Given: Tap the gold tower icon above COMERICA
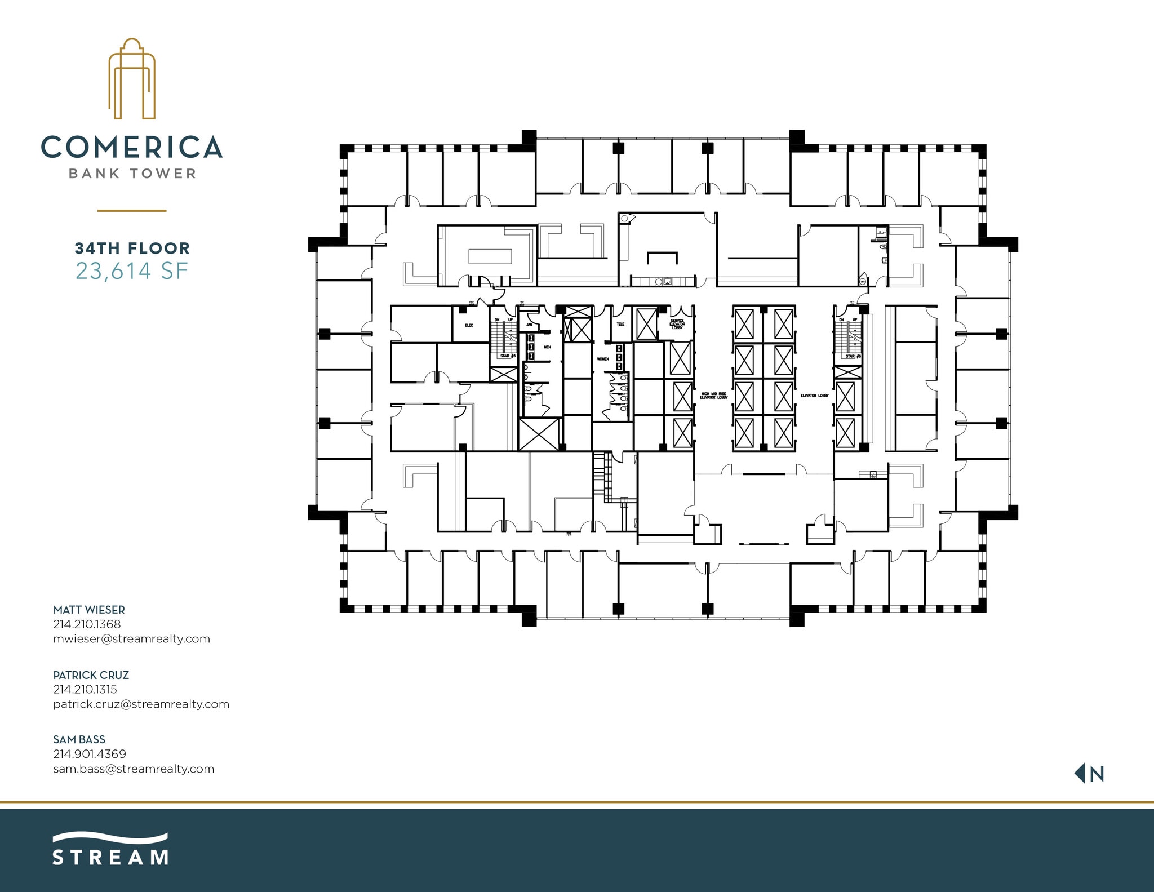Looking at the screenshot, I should point(132,79).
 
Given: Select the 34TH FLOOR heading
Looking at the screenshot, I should point(132,248).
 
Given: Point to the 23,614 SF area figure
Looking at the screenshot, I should point(132,271).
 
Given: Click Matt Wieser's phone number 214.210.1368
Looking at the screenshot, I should point(87,624).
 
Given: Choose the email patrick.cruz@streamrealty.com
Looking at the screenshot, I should point(141,704).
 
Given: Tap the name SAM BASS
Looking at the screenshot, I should point(79,739).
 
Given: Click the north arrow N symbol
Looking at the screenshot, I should point(1090,774).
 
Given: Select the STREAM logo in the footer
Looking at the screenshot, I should point(110,849).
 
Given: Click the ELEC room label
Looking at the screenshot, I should point(469,325).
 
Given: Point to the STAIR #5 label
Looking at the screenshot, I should point(508,356).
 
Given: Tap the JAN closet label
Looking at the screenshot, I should point(529,325).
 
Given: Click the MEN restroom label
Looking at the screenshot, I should point(547,347).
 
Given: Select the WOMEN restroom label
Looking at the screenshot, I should point(603,359).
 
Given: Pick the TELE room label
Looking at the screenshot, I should point(620,324).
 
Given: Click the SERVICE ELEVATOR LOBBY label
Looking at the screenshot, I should point(677,324).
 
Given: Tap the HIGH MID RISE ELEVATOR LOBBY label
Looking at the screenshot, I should point(714,396).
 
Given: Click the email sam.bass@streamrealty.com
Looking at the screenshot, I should point(134,769).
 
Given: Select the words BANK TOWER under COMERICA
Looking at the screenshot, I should point(132,174).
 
